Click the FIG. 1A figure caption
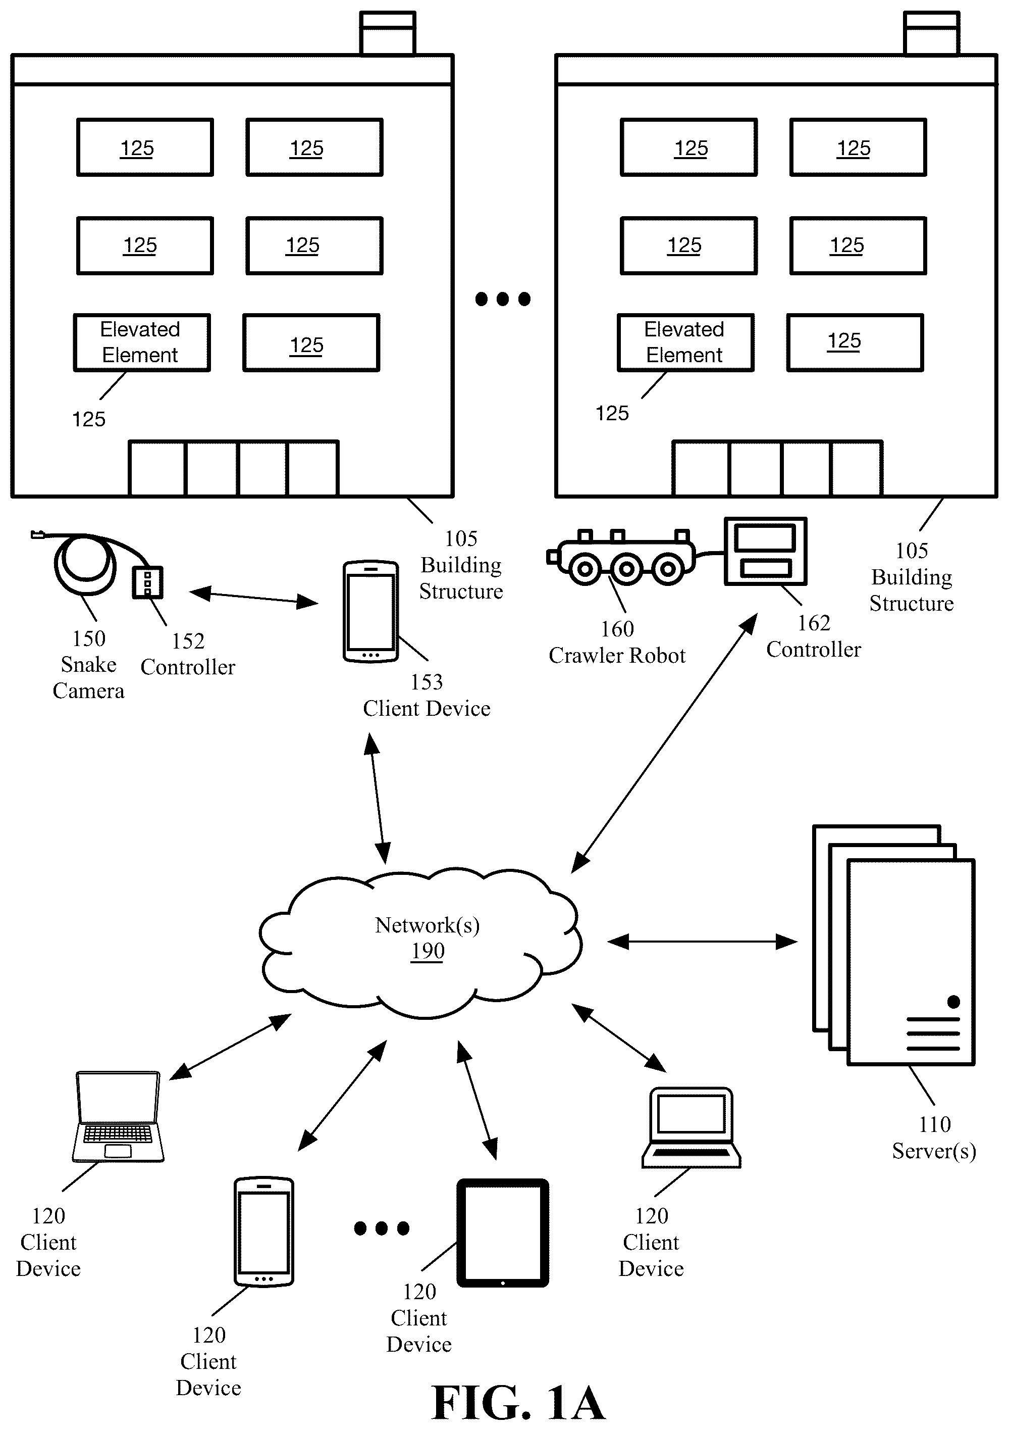click(x=518, y=1403)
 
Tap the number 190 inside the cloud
click(x=428, y=951)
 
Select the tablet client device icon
click(x=503, y=1232)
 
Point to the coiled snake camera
click(x=84, y=564)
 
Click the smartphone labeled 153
click(x=370, y=611)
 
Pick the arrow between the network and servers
click(x=702, y=942)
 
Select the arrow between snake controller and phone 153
click(x=253, y=597)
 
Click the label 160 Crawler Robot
click(x=617, y=642)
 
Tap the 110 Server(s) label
click(x=934, y=1137)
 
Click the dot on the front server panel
click(x=953, y=1002)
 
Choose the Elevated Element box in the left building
click(x=142, y=342)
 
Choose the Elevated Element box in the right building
click(x=685, y=342)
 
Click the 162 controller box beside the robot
click(x=766, y=551)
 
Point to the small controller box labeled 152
click(x=147, y=582)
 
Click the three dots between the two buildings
click(x=503, y=299)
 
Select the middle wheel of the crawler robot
click(x=626, y=569)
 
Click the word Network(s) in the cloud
click(x=427, y=925)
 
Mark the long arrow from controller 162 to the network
click(x=664, y=743)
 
